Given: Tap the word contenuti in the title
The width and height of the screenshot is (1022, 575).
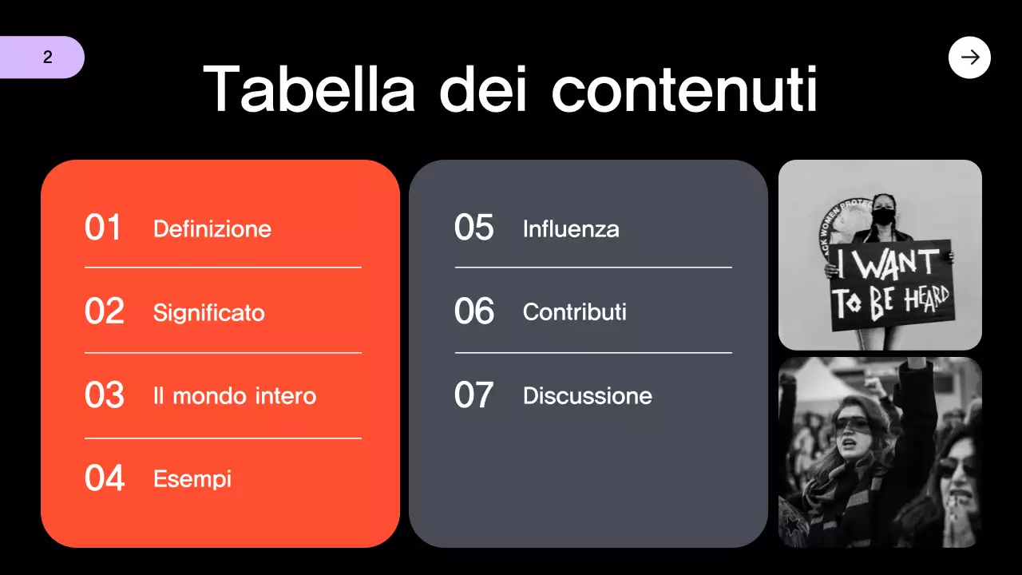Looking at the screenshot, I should (684, 89).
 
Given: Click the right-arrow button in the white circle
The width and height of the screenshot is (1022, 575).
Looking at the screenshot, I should (969, 57).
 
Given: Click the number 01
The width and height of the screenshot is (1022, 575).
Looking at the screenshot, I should (103, 228).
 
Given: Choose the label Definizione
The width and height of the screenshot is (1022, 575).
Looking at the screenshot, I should (212, 229).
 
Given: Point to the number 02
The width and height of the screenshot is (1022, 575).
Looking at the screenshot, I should (105, 311).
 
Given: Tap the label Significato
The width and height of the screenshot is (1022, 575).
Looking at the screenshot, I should (209, 312).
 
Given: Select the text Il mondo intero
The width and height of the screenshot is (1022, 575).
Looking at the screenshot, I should (235, 396).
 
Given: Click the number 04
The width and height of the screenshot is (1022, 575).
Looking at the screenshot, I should (105, 478).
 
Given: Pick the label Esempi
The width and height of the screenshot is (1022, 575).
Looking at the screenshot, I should (192, 479).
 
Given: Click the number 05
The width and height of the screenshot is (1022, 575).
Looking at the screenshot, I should (474, 228).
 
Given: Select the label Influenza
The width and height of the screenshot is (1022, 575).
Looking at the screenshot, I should (571, 229).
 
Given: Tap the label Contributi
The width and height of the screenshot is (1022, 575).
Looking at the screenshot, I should (575, 311).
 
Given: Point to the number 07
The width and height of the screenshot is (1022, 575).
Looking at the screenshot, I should (474, 396).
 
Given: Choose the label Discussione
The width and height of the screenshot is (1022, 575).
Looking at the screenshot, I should (588, 396).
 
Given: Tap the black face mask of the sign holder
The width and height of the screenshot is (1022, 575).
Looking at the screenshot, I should (882, 216).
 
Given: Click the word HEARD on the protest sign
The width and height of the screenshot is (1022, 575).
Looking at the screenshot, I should (926, 300).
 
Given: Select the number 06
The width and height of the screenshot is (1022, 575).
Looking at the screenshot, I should (474, 311).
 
